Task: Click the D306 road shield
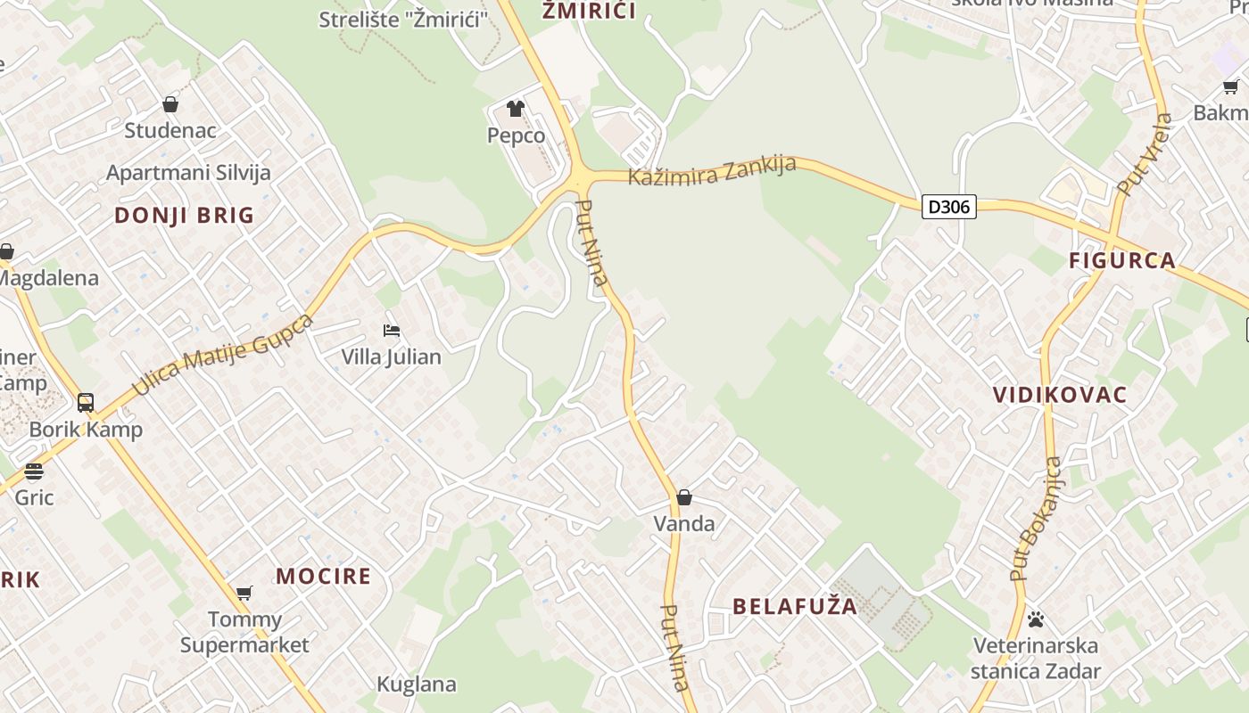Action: (948, 207)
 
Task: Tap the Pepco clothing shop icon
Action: (516, 109)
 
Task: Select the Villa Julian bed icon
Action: (391, 331)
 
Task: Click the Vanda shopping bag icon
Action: (684, 497)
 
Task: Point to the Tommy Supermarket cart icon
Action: (244, 593)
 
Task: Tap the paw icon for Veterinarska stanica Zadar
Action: (1036, 619)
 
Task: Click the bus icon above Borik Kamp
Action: (86, 403)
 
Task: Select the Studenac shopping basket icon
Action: (170, 104)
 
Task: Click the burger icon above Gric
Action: (34, 471)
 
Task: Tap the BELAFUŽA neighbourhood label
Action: (795, 607)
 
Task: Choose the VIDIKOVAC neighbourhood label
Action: (1060, 395)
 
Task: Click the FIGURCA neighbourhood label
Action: (1122, 260)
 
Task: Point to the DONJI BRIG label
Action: (185, 215)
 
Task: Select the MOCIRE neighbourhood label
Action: (323, 576)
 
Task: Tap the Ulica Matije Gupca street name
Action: (223, 354)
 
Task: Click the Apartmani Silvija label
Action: (188, 173)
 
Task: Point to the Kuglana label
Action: (417, 684)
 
